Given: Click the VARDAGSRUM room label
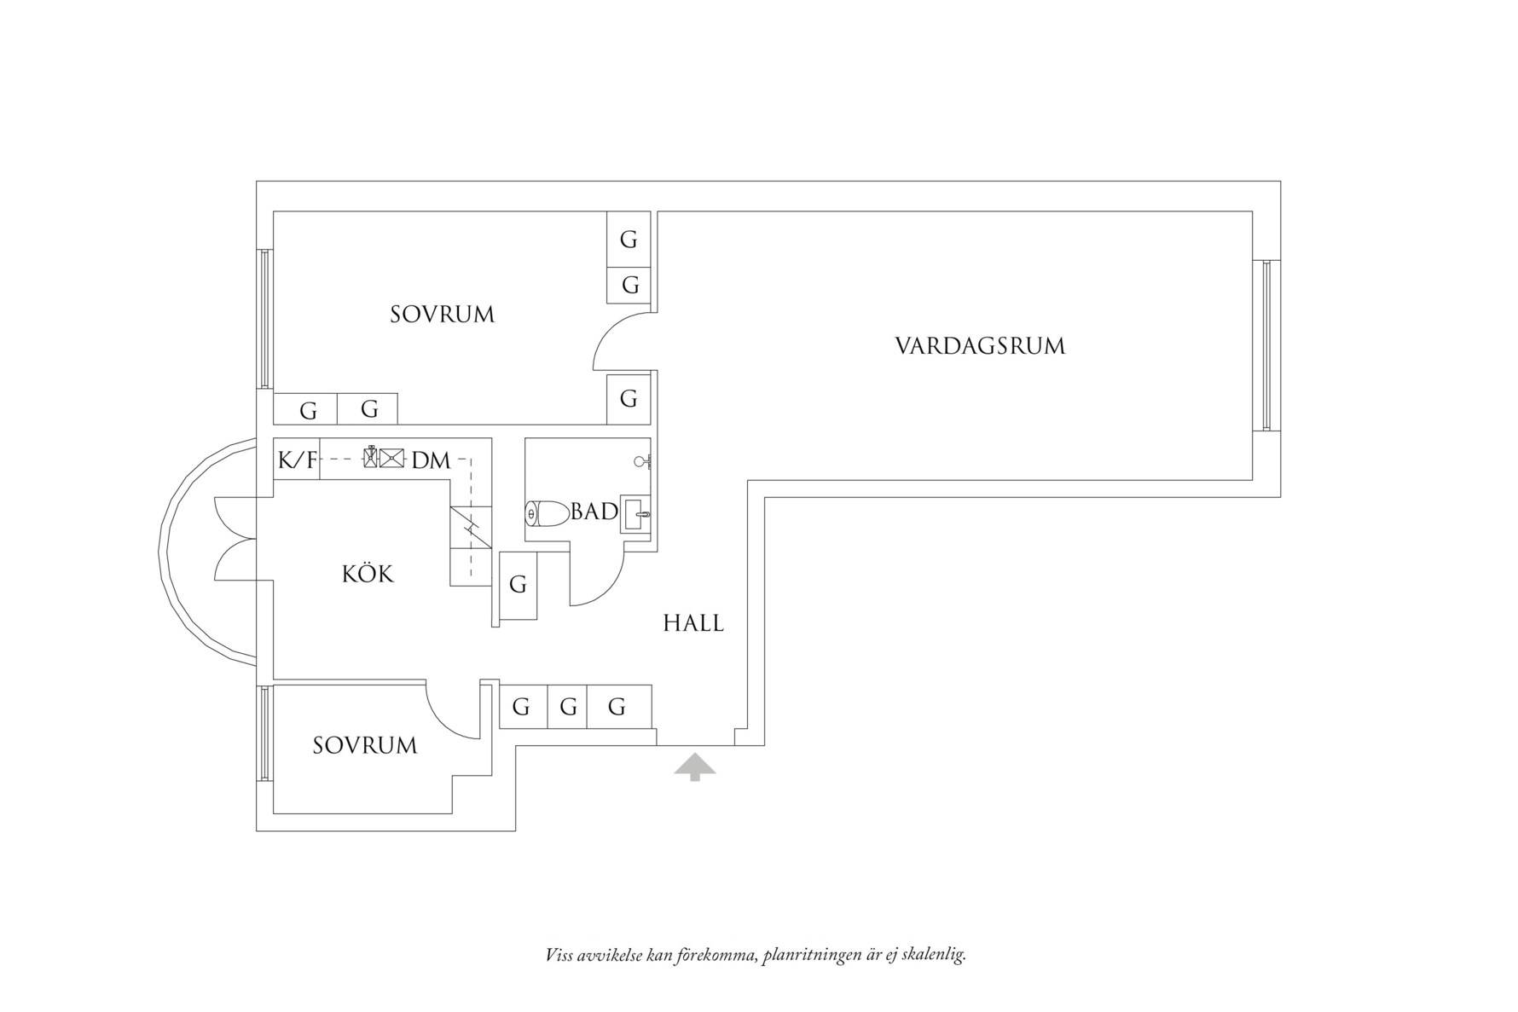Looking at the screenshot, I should click(980, 346).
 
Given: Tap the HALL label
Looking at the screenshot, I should click(693, 623).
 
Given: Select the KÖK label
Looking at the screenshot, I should click(368, 574).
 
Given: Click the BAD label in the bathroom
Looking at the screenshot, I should click(594, 512).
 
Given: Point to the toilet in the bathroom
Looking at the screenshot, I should click(547, 513).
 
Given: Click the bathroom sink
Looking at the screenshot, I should click(635, 514).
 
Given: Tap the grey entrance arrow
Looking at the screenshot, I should click(695, 766).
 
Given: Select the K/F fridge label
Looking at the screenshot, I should click(297, 460).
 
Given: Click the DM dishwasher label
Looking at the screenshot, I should click(431, 460).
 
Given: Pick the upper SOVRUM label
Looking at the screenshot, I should click(442, 315).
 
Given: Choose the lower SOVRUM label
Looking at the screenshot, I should click(365, 746).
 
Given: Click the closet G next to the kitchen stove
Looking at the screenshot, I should click(518, 585).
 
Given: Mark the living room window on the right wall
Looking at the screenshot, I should click(1266, 345).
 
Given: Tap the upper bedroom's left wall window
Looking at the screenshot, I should click(265, 319).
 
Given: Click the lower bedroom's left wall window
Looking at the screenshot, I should click(265, 733).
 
